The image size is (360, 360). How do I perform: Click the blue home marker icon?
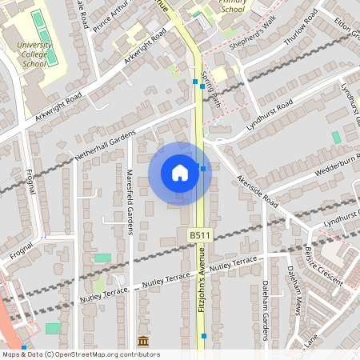pos(180,173)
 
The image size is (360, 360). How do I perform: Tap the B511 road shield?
pos(200,236)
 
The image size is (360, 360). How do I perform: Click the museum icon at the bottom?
pos(143,342)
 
